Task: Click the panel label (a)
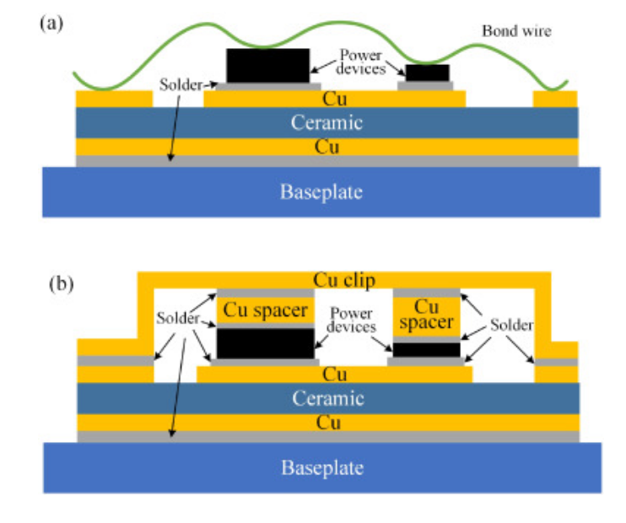(x=51, y=24)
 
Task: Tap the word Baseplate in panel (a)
(x=321, y=191)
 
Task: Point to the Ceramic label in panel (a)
(x=326, y=122)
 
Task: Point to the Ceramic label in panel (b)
(x=326, y=398)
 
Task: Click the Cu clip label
(x=343, y=279)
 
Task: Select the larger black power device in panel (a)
(x=267, y=65)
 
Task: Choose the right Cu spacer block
(x=428, y=315)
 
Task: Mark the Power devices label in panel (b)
(x=352, y=316)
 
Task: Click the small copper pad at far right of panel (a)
(x=555, y=99)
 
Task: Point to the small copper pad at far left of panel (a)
(x=114, y=99)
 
